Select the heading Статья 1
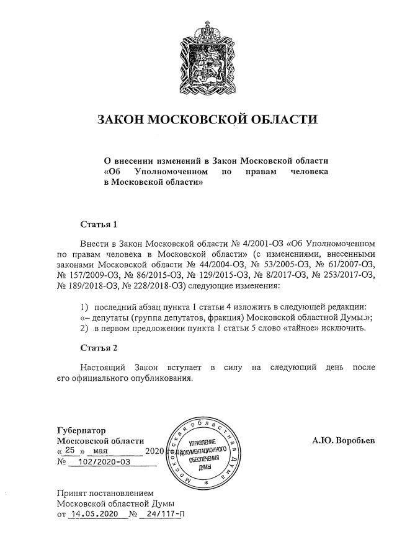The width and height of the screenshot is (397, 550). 99,224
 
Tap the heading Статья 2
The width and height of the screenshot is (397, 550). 99,347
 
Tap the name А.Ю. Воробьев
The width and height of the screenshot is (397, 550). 343,440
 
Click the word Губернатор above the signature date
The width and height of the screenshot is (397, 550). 81,430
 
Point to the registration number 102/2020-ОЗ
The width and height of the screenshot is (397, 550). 100,462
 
